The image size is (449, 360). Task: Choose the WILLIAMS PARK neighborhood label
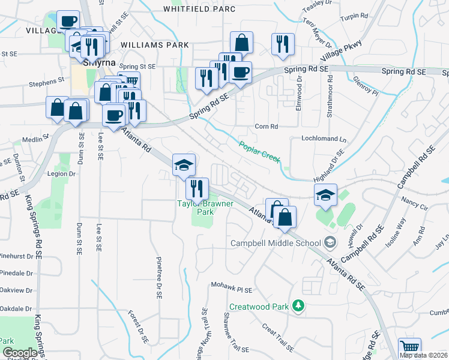coord(154,45)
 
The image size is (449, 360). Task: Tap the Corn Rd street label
coord(267,127)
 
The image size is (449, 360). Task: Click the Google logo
coord(20,352)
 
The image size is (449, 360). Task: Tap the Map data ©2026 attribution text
coord(423,355)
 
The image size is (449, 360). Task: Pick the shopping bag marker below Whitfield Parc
coord(241,43)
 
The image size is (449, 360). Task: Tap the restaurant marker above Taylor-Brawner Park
coord(197,188)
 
